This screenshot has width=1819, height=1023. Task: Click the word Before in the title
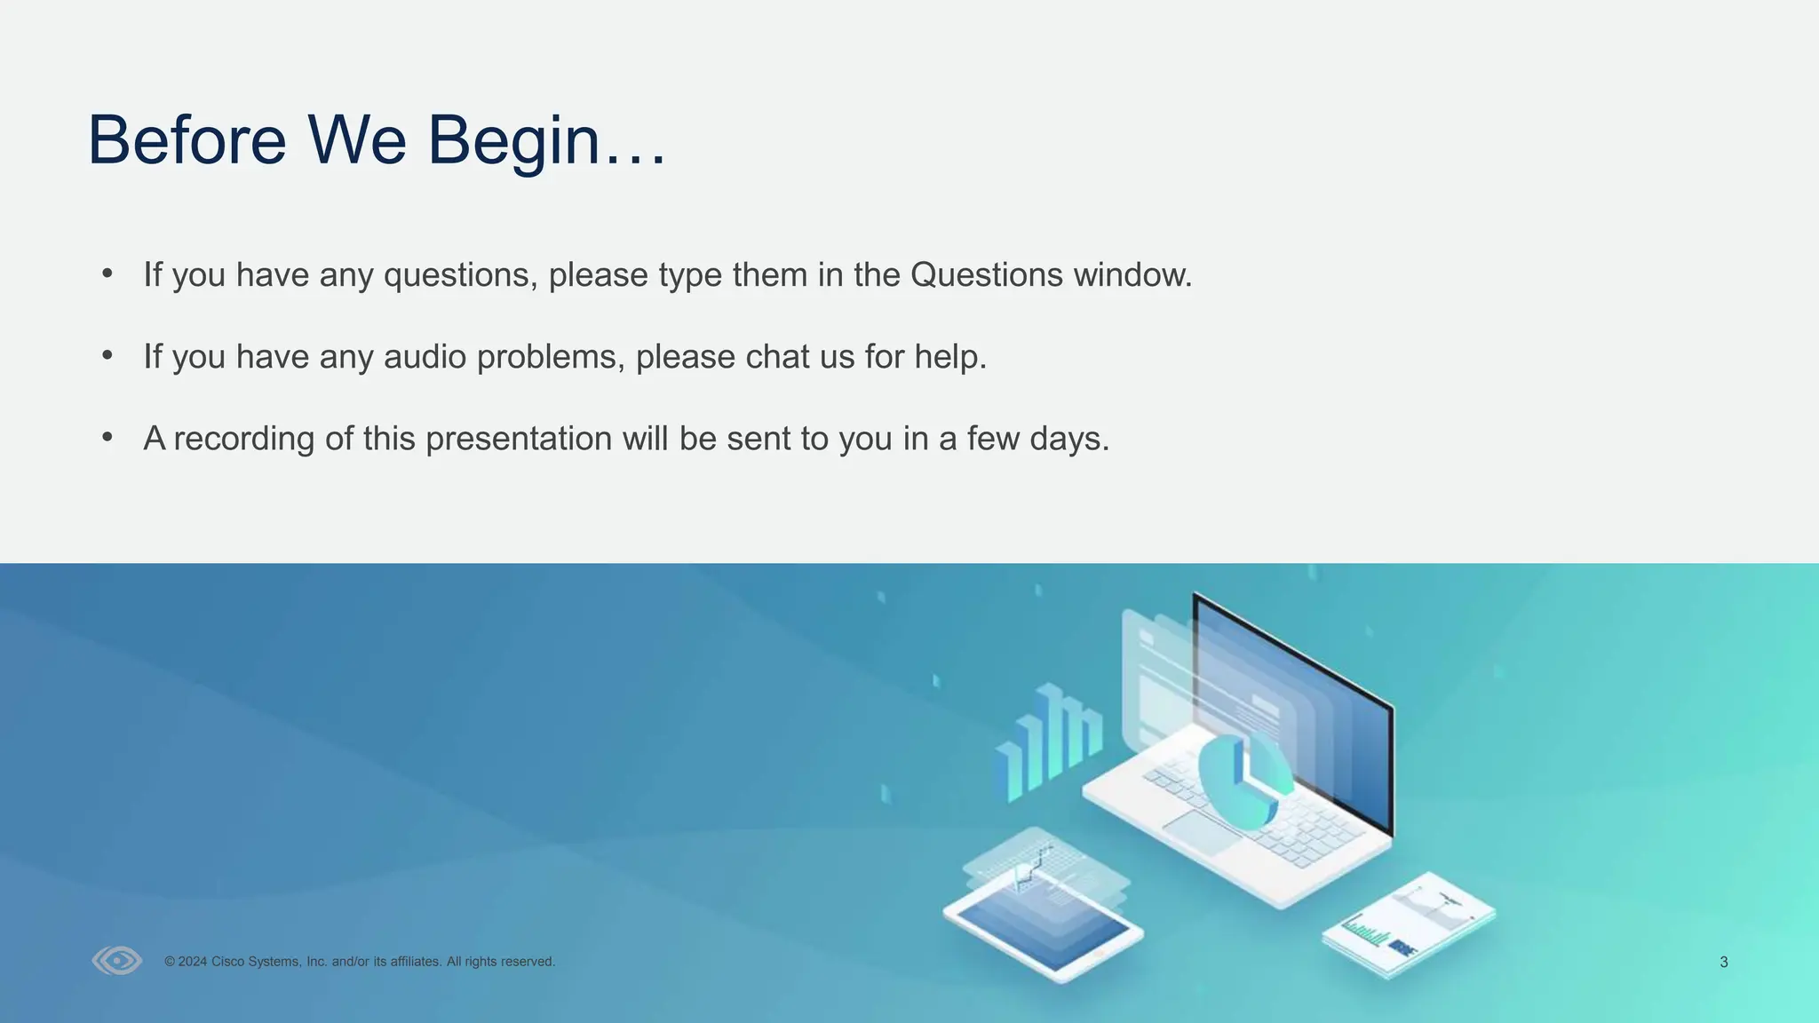click(x=187, y=140)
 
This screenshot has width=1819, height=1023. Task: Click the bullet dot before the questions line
click(x=107, y=274)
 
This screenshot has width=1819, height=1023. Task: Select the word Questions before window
click(x=986, y=274)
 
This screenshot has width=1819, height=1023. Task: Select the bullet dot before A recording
click(x=107, y=437)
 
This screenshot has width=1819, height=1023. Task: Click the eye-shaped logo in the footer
click(x=117, y=961)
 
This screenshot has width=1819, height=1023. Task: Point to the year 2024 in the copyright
click(x=192, y=962)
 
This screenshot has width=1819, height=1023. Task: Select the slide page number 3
click(x=1723, y=962)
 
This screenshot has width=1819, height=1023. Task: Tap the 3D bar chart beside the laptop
click(x=1049, y=741)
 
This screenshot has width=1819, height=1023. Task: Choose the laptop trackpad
click(x=1201, y=832)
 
